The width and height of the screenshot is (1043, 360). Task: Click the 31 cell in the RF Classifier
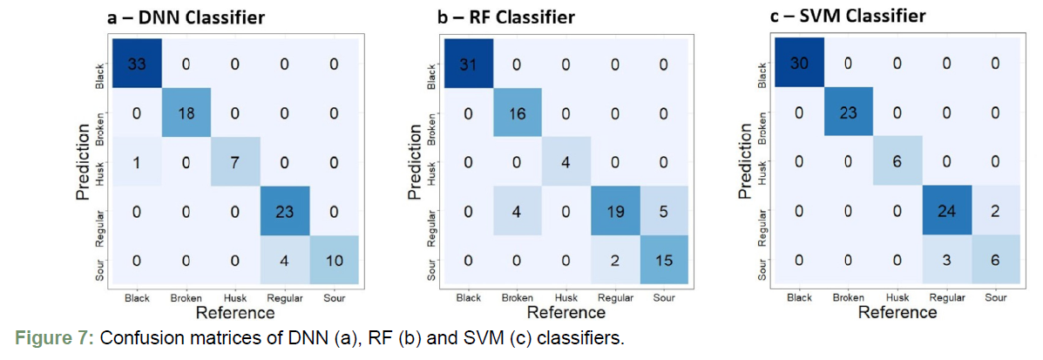[x=469, y=63]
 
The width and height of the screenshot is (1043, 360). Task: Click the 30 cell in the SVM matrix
[x=799, y=63]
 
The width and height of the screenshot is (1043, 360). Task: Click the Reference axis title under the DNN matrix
[x=234, y=312]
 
